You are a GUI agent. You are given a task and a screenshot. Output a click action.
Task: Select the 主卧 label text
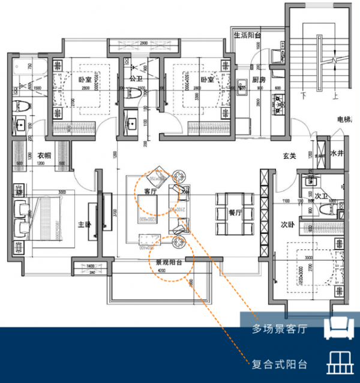click(84, 225)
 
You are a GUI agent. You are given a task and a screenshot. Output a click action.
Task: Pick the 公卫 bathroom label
click(136, 79)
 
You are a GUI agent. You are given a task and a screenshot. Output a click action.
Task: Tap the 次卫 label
click(322, 196)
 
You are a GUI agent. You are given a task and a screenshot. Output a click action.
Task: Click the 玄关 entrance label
click(290, 156)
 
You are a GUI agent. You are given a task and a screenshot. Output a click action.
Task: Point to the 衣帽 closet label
click(44, 155)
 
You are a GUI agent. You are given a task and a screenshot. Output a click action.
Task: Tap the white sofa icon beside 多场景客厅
click(337, 327)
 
